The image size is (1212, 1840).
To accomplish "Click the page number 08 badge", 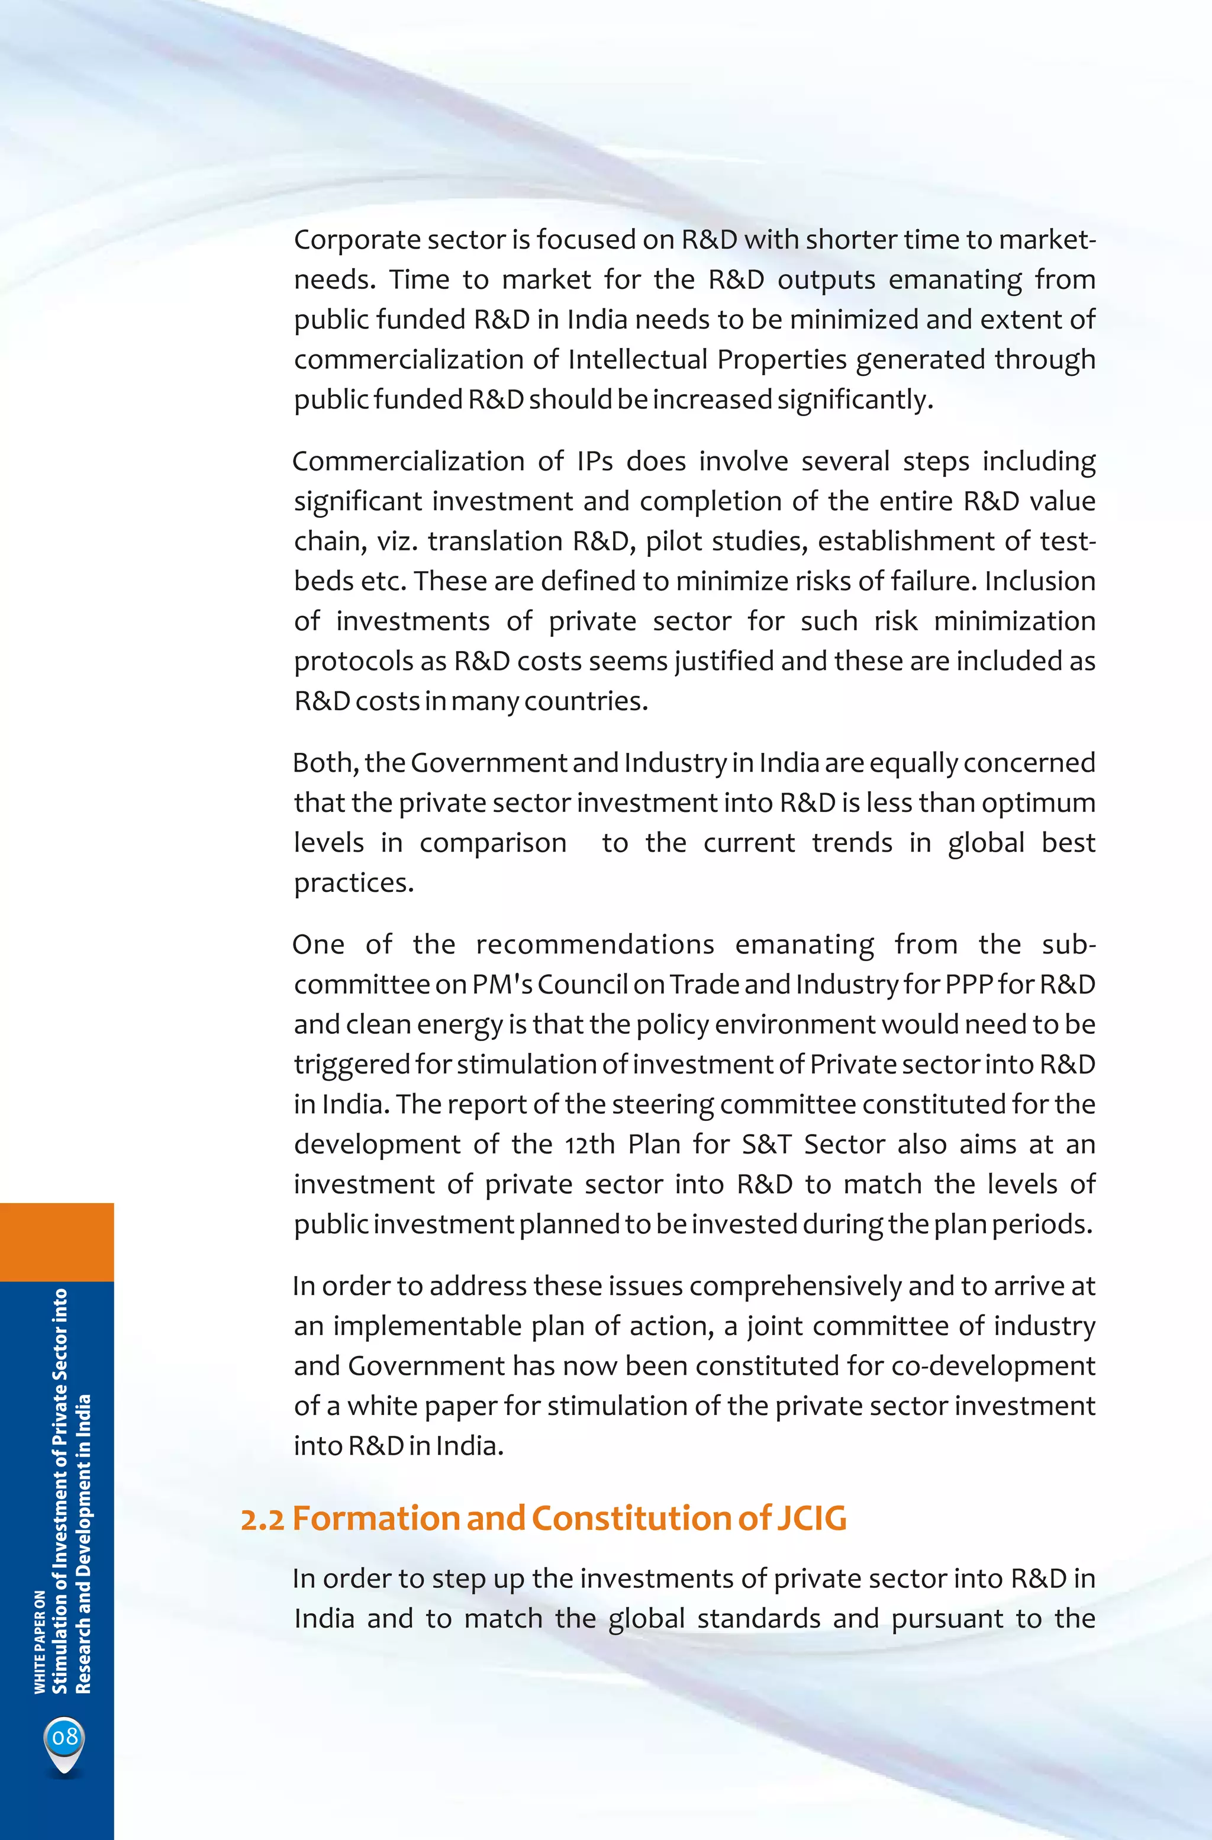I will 65,1737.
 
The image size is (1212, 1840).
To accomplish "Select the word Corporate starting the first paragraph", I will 356,240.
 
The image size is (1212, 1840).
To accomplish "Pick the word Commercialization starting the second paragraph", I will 408,462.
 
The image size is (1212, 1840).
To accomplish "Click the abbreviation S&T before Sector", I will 766,1144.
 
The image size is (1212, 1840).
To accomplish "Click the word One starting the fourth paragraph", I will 318,945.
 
